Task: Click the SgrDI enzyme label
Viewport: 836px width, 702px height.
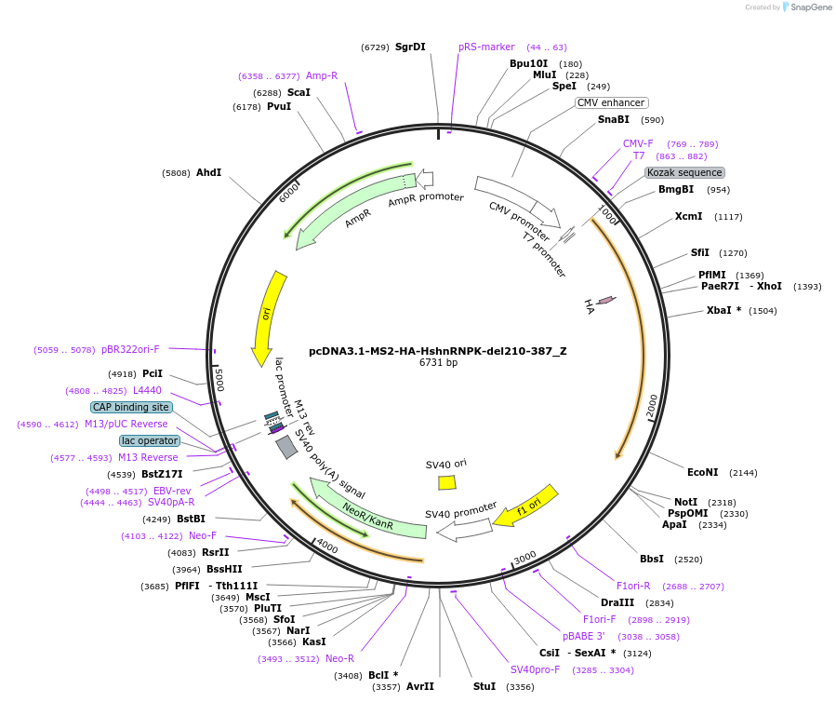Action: pos(410,47)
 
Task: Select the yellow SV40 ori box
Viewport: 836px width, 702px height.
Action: pos(447,482)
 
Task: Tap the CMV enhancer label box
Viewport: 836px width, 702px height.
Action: pos(611,102)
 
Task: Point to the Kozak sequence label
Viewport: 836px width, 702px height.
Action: pos(684,172)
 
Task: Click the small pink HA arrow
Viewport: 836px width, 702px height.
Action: pos(605,300)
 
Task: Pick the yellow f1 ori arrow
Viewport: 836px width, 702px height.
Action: pos(526,505)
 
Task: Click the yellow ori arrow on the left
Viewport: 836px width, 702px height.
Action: pos(268,317)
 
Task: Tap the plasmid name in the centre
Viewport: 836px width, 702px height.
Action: pos(437,351)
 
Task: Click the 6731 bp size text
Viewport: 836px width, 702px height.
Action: pos(437,363)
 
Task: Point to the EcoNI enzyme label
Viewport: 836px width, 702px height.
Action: pos(702,473)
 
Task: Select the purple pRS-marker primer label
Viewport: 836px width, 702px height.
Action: pos(486,47)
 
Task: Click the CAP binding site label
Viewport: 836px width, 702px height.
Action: pos(131,407)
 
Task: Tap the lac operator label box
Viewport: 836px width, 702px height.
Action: pos(149,440)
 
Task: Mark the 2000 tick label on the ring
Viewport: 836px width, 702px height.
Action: pos(651,406)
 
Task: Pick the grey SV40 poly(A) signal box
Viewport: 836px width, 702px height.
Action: pos(286,448)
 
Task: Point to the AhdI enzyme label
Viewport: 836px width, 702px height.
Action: pos(208,172)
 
